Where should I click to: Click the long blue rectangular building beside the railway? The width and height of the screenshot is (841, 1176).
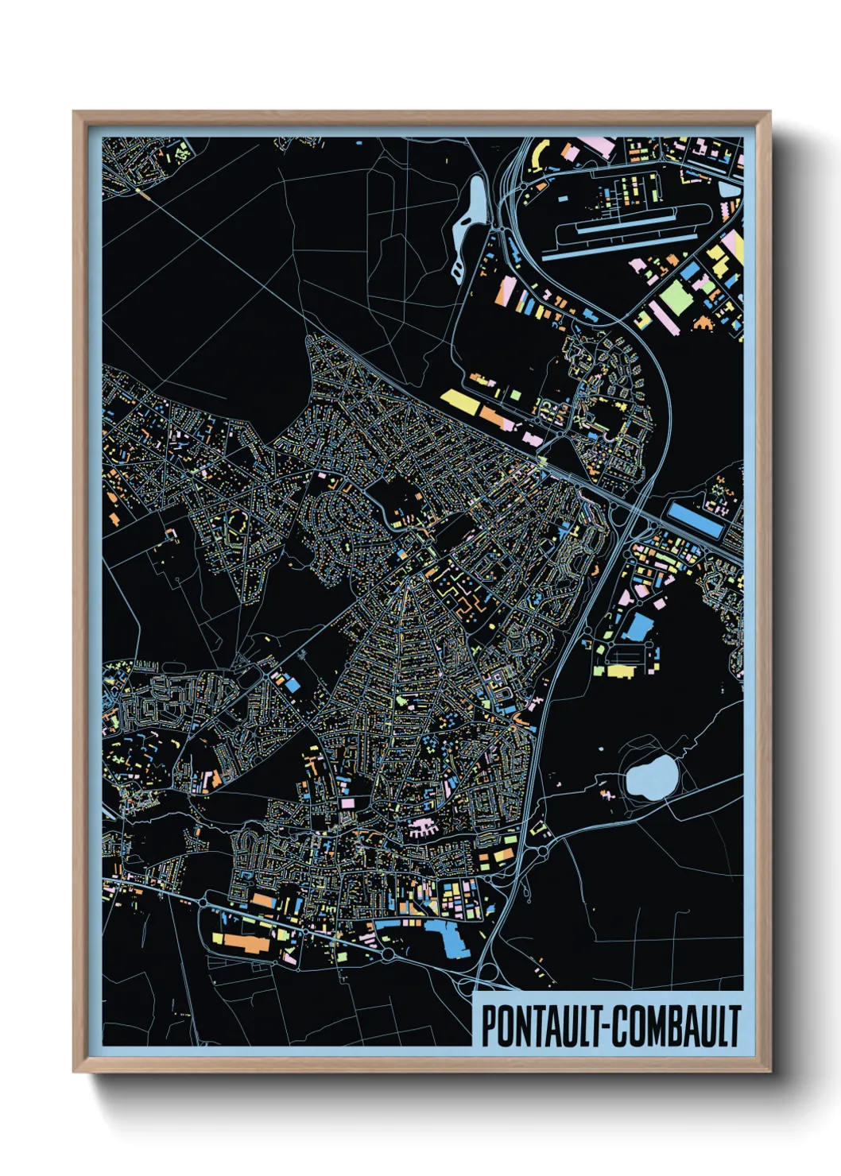[695, 520]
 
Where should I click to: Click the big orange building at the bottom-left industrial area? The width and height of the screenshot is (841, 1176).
[246, 942]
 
